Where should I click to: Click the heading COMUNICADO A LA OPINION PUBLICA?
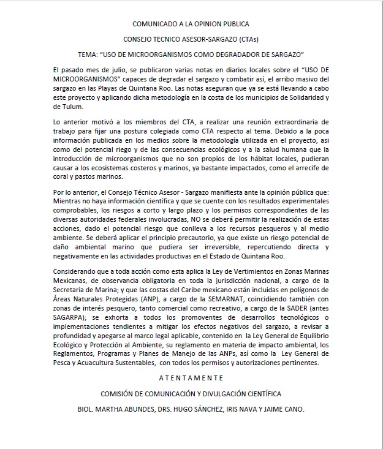191,25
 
